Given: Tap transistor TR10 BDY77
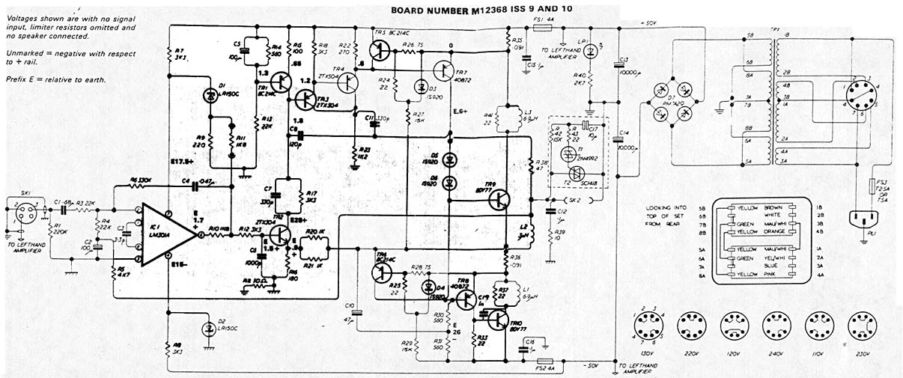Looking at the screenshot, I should tap(497, 320).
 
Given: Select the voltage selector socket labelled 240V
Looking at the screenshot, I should tap(773, 328).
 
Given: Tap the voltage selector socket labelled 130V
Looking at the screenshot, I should tap(645, 328).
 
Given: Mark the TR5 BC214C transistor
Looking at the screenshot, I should tap(381, 51).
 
